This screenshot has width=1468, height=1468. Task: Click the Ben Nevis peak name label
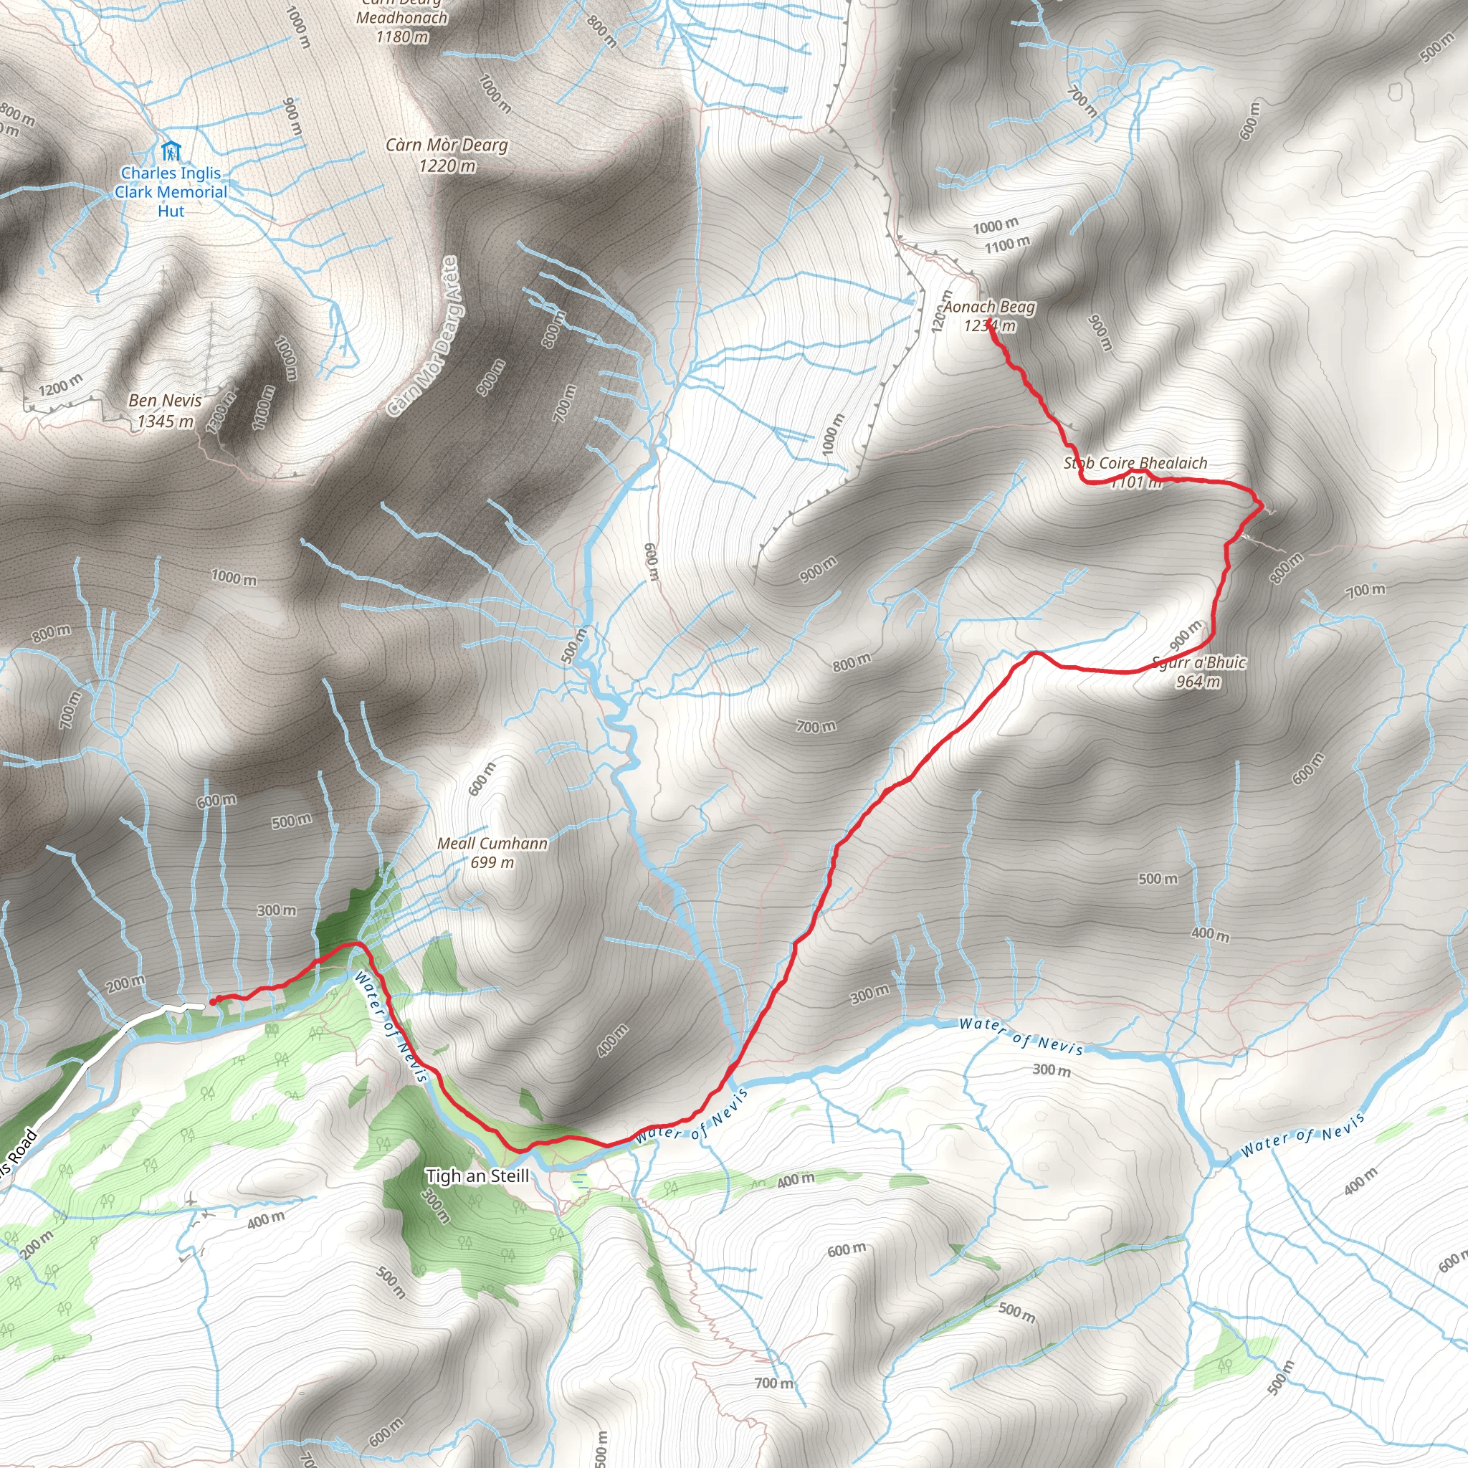coord(165,401)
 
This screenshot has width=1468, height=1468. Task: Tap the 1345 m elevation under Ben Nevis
coord(165,421)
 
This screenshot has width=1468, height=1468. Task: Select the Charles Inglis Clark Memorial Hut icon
coord(171,151)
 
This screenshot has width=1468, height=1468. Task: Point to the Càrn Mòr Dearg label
coord(446,144)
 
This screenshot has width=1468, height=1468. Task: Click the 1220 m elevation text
coord(447,165)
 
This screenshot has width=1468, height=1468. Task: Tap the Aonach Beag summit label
coord(988,307)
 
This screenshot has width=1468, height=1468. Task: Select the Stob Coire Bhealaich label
coord(1135,463)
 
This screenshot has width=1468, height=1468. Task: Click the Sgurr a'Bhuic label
coord(1199,662)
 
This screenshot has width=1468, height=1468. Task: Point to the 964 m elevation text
coord(1198,682)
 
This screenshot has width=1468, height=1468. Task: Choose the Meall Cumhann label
coord(492,843)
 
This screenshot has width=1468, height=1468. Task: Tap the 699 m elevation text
coord(492,862)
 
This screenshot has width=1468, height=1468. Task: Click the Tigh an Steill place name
coord(477,1176)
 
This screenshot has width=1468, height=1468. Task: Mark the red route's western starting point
coord(214,1001)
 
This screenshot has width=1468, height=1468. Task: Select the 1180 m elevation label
coord(402,37)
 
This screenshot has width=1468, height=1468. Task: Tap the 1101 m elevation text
coord(1137,482)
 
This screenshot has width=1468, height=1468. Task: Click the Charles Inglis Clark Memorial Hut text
coord(171,192)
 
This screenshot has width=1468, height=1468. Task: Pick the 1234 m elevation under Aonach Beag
coord(988,326)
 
